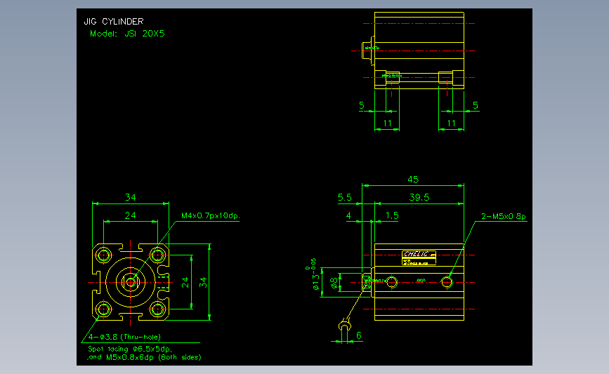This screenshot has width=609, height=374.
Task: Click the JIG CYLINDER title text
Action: tap(114, 22)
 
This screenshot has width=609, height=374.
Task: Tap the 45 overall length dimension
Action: tap(413, 180)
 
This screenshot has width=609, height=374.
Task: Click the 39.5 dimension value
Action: tap(419, 198)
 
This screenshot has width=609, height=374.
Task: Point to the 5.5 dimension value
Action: tap(344, 198)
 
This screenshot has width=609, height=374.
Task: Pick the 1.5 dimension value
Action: tap(392, 216)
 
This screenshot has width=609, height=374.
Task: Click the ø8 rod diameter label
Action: tap(334, 282)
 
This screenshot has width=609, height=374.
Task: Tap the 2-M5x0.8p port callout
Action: tap(503, 216)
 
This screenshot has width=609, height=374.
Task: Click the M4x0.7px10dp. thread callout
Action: tap(211, 216)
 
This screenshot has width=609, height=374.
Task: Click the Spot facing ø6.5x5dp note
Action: tap(130, 348)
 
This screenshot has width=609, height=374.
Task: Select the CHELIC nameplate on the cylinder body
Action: tap(419, 256)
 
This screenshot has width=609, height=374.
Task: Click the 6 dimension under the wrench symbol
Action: tap(359, 336)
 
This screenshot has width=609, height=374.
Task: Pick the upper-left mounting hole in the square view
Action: tap(105, 253)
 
